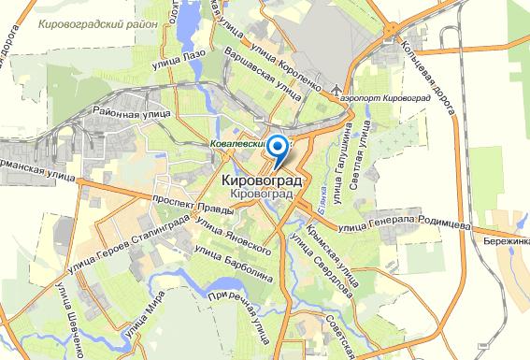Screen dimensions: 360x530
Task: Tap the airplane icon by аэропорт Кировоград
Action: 337,89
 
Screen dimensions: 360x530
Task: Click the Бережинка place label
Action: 505,240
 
